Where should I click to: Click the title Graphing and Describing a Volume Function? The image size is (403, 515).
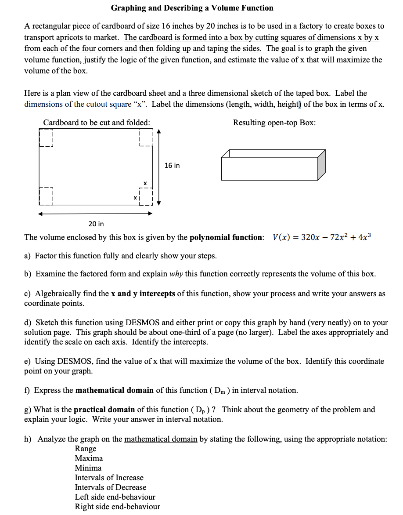click(x=192, y=8)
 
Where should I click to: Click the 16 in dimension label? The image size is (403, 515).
click(x=172, y=165)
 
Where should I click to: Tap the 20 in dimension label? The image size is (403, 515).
click(x=96, y=224)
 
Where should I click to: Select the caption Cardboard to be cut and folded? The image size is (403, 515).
click(x=97, y=123)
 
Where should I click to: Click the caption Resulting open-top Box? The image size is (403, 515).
click(x=274, y=123)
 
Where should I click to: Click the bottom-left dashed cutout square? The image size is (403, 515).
click(x=46, y=196)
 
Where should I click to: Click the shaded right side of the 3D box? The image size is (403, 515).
click(x=321, y=165)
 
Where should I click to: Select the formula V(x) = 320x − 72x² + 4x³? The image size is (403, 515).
click(x=322, y=237)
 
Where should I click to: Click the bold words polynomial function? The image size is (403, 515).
click(x=227, y=238)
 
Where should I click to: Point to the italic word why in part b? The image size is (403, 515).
click(x=176, y=274)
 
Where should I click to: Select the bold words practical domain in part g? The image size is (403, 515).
click(x=104, y=410)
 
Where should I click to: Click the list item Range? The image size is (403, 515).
click(x=86, y=449)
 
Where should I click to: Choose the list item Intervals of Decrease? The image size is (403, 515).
click(x=111, y=487)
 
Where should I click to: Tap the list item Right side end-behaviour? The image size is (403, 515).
click(x=117, y=507)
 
